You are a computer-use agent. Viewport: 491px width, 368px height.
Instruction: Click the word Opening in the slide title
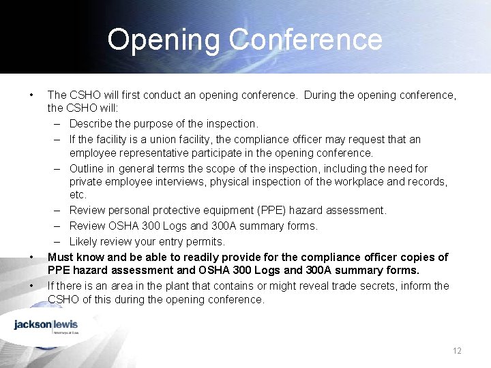pos(164,40)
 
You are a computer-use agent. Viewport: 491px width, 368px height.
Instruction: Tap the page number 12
pos(457,350)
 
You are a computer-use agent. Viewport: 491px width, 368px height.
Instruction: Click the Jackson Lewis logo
pos(46,325)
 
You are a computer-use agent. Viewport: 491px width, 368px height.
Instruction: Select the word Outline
pos(88,168)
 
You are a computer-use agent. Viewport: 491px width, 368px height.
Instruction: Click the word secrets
pos(389,286)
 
